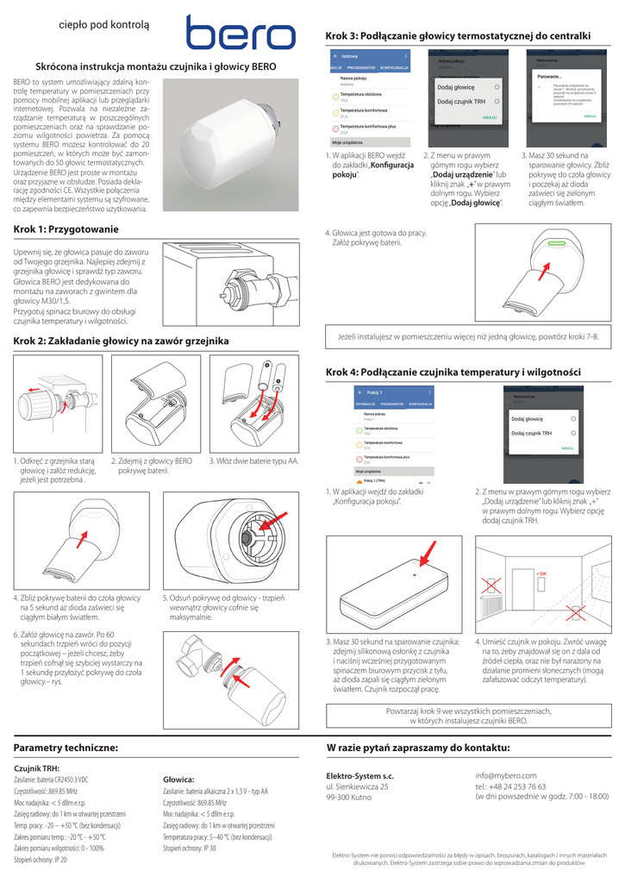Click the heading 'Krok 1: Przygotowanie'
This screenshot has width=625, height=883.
[66, 229]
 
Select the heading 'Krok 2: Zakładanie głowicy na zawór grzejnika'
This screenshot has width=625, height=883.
[120, 341]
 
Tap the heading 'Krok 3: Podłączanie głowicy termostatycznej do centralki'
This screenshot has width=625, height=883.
[458, 35]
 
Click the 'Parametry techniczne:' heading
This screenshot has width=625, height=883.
[66, 747]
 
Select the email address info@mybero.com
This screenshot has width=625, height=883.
[506, 775]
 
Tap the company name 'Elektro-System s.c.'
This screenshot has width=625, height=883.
[359, 775]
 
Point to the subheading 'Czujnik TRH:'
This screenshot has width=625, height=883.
[37, 767]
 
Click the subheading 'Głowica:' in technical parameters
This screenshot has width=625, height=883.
[178, 779]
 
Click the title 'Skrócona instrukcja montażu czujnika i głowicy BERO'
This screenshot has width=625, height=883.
[155, 66]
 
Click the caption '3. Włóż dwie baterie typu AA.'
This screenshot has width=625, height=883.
[254, 461]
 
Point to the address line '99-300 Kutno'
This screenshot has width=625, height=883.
[348, 798]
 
